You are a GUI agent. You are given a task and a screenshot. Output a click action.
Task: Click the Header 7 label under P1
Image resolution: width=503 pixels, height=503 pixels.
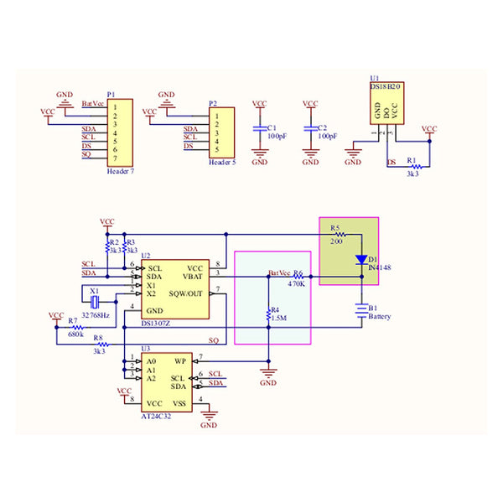(x=121, y=171)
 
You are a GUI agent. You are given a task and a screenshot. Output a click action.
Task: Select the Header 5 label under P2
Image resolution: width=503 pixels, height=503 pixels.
(x=221, y=162)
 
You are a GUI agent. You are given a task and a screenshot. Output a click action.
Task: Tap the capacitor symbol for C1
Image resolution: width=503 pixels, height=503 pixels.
(x=260, y=130)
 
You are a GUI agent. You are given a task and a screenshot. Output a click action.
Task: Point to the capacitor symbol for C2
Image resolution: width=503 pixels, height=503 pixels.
(x=310, y=130)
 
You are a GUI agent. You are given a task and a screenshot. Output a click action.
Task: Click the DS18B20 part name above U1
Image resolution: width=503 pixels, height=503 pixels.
(x=386, y=86)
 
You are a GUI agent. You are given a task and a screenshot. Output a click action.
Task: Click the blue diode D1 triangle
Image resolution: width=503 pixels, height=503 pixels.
(x=361, y=259)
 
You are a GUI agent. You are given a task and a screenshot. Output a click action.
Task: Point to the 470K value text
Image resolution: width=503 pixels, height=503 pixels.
(x=297, y=284)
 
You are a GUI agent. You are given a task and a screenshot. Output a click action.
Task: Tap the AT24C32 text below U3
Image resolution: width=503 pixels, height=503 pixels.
(x=157, y=414)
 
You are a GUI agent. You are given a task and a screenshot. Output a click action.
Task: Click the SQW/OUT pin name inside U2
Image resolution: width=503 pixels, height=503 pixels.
(x=186, y=293)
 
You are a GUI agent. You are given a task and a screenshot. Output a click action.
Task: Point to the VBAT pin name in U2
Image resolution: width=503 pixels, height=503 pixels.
(x=194, y=276)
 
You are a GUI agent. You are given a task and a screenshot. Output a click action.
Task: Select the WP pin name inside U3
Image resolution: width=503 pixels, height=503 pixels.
(x=179, y=361)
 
